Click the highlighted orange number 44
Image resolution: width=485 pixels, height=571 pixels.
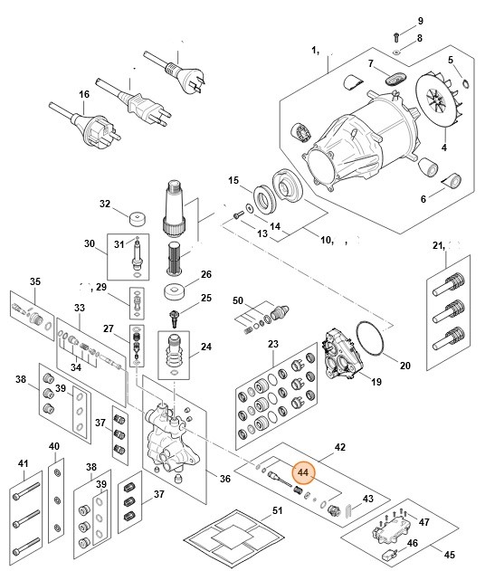tap(302, 471)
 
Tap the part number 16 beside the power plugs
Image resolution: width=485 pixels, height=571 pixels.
tap(84, 94)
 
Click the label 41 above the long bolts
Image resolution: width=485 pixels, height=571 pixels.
tap(23, 464)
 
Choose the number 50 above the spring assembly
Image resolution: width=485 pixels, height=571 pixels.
tap(238, 300)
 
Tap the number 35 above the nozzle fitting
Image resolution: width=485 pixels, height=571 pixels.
tap(35, 283)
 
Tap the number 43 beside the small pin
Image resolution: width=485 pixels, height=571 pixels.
tap(367, 500)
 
